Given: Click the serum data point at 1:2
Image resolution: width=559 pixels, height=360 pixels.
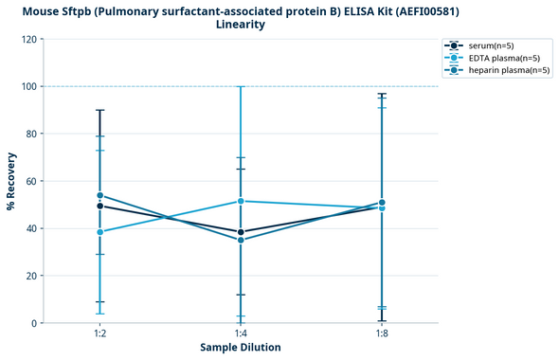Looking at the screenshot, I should (99, 206).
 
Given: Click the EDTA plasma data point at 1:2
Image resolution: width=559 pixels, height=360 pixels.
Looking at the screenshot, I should (99, 232).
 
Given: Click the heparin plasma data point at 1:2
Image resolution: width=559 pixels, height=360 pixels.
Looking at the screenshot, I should (99, 195).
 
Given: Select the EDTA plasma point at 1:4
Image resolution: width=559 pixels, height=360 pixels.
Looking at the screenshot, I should (241, 201).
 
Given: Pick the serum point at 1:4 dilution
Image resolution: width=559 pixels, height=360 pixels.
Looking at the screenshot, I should (241, 232).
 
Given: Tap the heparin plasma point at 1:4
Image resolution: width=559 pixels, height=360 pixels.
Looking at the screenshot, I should (241, 240).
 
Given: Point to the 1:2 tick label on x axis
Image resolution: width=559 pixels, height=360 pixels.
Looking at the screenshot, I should (99, 333).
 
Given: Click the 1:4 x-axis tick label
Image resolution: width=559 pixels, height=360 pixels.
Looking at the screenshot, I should (241, 333).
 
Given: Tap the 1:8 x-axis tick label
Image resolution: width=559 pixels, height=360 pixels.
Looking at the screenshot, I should (382, 333).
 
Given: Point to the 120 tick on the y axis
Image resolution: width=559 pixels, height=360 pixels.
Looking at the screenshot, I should (29, 39).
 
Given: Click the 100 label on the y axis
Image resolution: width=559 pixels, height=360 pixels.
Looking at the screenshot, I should (29, 86).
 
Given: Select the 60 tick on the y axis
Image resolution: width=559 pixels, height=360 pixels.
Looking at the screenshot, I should (32, 181).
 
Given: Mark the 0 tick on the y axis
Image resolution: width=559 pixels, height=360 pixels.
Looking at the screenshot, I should (35, 323).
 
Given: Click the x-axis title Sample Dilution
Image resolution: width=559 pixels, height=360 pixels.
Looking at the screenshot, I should (241, 348).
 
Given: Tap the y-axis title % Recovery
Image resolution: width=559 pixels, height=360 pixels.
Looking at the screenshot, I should (11, 181).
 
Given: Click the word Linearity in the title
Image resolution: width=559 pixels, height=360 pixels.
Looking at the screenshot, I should (241, 25).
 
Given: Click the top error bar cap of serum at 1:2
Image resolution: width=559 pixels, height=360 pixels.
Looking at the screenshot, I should (99, 110).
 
